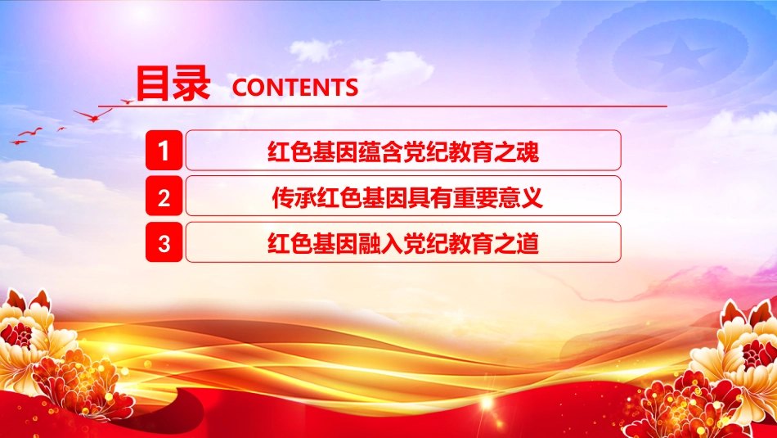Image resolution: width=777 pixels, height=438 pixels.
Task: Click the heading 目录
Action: point(173,84)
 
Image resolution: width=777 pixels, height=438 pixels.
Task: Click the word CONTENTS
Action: point(294,88)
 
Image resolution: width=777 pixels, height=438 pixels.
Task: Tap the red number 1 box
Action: point(164,151)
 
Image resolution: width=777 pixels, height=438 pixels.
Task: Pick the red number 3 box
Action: point(164,242)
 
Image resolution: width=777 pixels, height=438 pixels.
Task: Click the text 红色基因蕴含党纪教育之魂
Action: point(403,151)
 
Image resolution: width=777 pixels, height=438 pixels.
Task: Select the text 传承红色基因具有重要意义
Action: point(407,197)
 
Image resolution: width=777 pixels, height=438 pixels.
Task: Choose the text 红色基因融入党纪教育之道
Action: point(403,243)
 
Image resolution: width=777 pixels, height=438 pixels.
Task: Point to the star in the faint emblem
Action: point(681,56)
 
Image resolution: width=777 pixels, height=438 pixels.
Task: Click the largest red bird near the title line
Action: point(92,116)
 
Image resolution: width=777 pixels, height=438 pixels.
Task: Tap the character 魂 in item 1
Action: point(528,151)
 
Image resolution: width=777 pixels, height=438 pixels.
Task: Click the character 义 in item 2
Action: point(532,197)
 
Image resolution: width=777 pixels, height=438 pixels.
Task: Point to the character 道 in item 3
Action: point(528,243)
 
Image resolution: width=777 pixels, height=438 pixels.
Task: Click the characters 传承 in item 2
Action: point(294,197)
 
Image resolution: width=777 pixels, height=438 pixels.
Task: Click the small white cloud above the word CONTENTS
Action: point(313,50)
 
